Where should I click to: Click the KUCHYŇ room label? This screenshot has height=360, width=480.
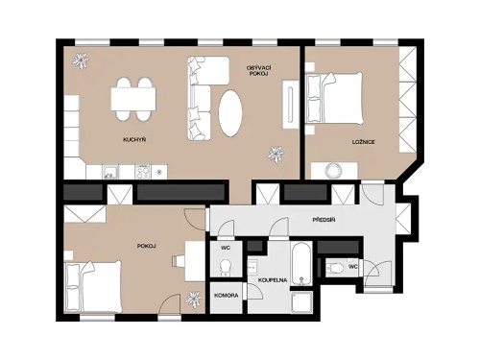134,140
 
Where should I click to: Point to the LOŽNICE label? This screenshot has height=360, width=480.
363,141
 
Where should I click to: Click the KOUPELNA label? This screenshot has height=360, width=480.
271,280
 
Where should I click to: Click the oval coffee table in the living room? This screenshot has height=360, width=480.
231,112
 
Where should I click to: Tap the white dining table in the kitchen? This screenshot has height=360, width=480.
133,98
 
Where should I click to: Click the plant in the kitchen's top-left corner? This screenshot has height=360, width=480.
82,60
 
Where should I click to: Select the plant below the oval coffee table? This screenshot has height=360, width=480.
277,153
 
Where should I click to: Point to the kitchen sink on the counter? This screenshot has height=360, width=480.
110,173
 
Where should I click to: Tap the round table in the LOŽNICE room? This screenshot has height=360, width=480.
333,170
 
